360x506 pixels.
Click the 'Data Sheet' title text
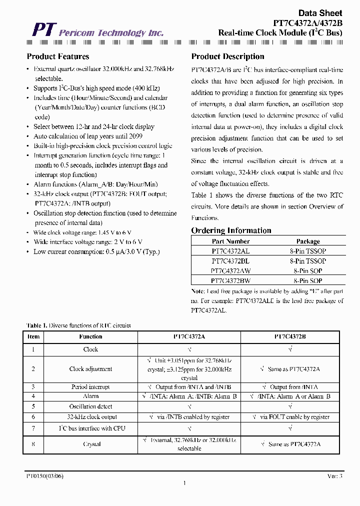(320, 13)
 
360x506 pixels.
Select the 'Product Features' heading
(58, 56)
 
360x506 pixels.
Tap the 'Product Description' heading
(227, 56)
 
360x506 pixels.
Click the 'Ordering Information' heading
(231, 230)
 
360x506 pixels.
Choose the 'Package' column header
(308, 241)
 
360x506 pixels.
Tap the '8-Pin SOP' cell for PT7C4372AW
(308, 271)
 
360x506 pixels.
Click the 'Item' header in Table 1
(33, 336)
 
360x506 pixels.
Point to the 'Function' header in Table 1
(90, 336)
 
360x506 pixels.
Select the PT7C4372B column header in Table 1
(290, 336)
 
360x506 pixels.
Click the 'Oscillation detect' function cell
(90, 406)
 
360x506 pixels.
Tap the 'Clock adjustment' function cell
(90, 369)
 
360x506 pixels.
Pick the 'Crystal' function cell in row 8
(90, 443)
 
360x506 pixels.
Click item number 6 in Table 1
(33, 416)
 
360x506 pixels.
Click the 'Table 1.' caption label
(36, 325)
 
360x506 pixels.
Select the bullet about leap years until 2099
(88, 136)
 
